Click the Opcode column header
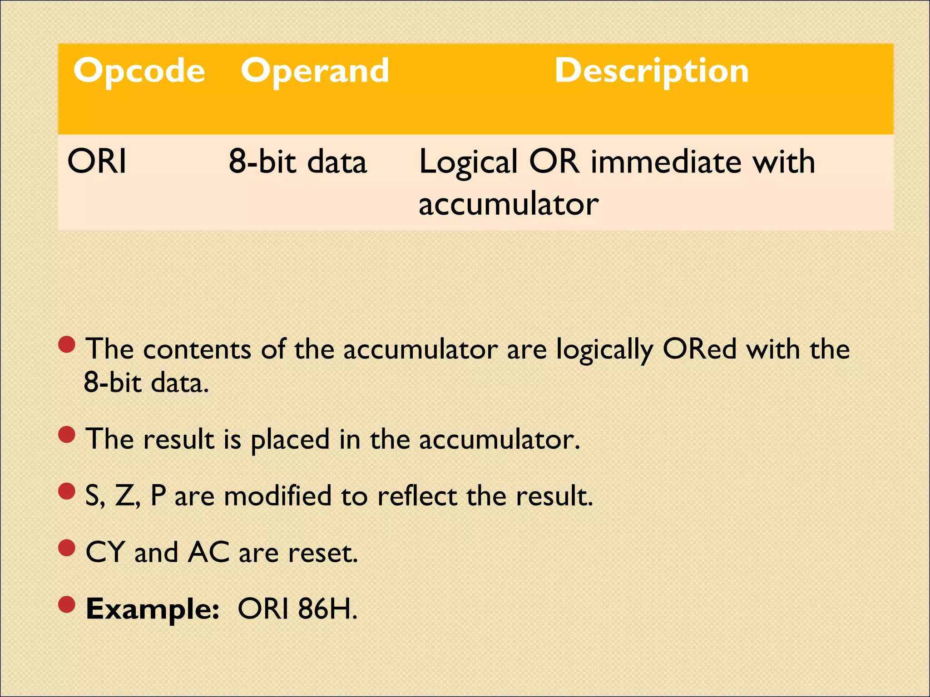point(139,71)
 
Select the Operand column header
point(315,71)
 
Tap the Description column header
point(652,71)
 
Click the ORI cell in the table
point(97,162)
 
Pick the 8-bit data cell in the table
point(297,162)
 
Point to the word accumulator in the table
point(508,204)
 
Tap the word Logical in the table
point(468,162)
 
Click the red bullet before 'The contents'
point(67,345)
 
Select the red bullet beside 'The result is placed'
point(67,435)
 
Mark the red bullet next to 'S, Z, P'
point(67,491)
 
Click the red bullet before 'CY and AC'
point(67,548)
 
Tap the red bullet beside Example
point(67,604)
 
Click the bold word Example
point(152,609)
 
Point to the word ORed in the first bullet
point(699,349)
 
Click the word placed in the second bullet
point(290,440)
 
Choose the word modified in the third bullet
point(277,496)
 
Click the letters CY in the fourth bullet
point(105,552)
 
